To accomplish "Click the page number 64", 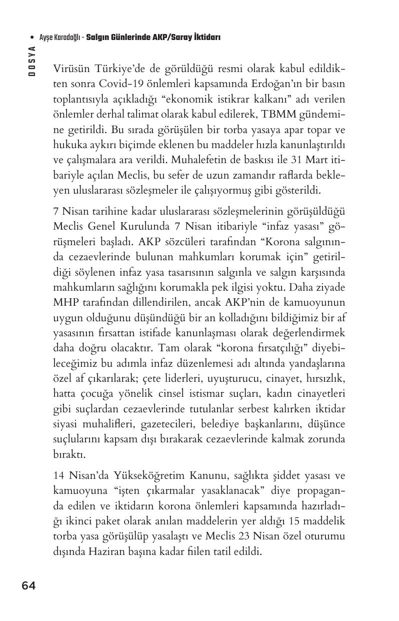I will coord(28,585).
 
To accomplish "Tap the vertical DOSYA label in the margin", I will coord(32,60).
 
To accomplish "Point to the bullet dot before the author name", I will coord(32,38).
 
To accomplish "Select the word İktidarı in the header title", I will coord(206,38).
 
